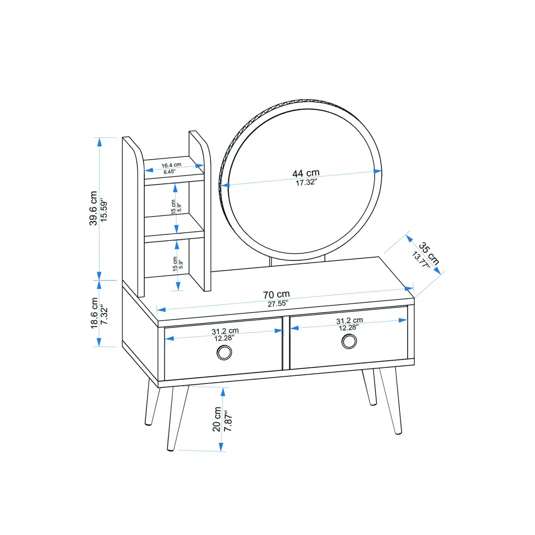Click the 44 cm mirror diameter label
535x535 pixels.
306,173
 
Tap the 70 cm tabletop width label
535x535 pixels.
276,295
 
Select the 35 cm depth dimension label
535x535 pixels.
429,254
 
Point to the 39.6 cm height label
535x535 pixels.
93,208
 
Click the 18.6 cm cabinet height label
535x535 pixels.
94,313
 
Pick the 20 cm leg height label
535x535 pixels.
217,419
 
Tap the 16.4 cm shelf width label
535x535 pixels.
171,165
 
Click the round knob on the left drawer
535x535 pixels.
224,353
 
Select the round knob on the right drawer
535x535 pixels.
349,341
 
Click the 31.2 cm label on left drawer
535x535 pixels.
225,331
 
